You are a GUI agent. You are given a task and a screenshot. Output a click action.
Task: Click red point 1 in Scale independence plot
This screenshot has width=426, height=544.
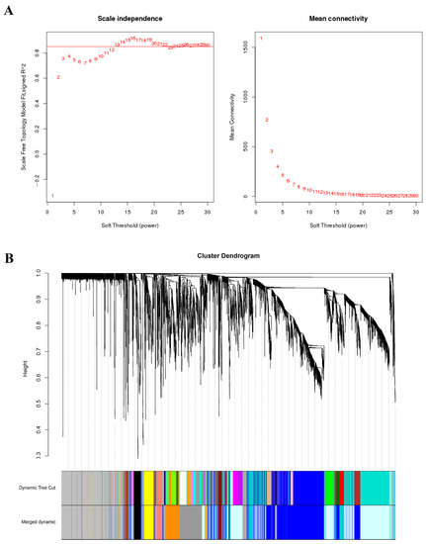pos(52,196)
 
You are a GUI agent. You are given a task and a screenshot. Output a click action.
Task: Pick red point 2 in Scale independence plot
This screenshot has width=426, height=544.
pos(58,77)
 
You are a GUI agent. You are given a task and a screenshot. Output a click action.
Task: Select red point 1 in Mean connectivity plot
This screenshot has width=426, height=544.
pos(261,38)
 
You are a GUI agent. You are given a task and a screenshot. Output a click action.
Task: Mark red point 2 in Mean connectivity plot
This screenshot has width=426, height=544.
pos(267,120)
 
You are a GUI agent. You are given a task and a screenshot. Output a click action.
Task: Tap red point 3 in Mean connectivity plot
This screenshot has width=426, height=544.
pos(272,151)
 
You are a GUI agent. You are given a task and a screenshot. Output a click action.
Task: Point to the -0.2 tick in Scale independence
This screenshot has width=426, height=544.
pos(39,179)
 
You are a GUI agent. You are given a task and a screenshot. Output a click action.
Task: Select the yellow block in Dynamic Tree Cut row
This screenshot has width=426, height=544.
pos(148,488)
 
